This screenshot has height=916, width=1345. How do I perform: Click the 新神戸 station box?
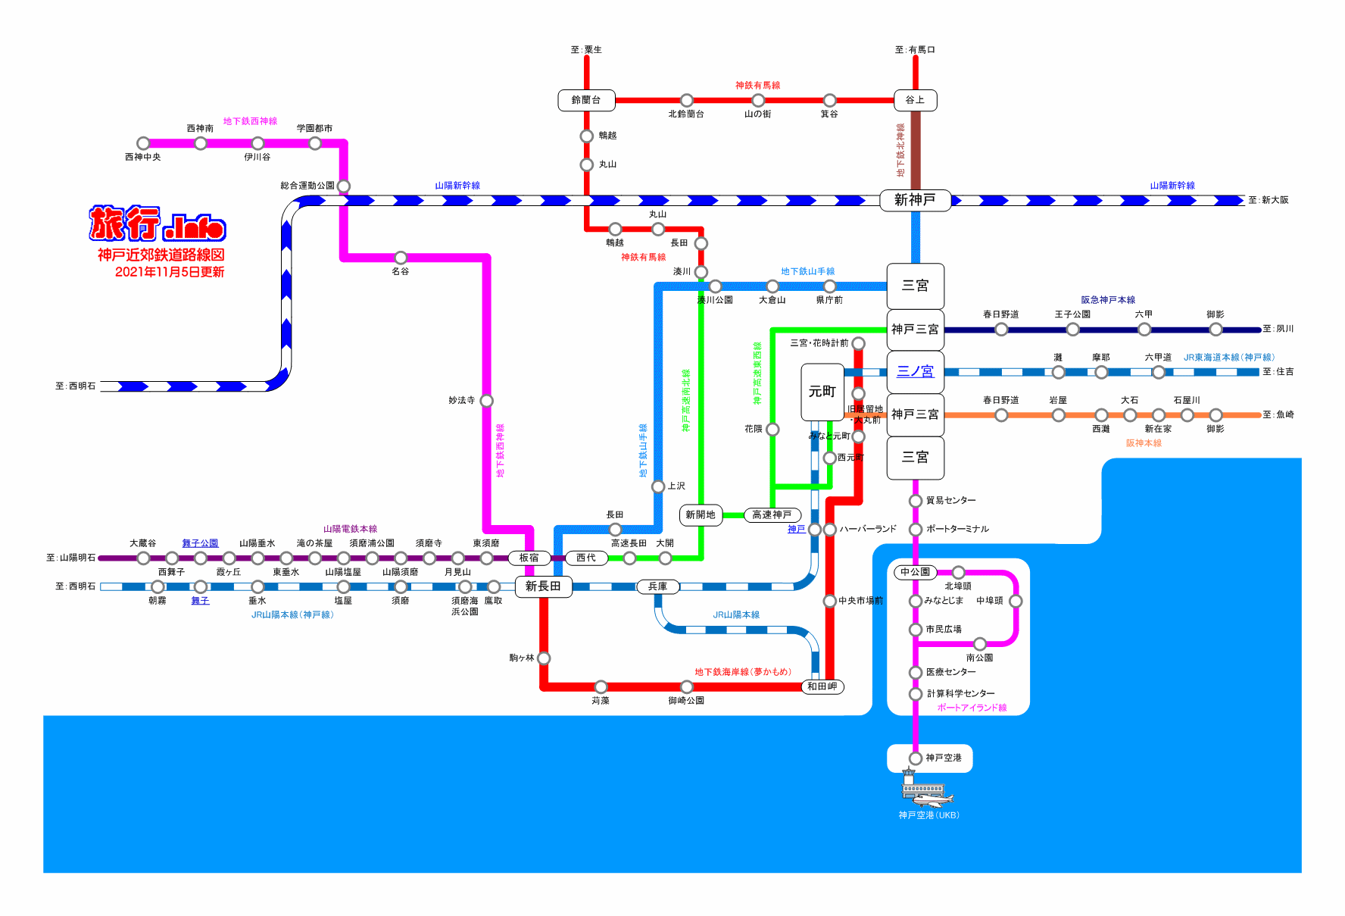click(x=915, y=200)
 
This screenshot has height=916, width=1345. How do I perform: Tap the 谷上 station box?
click(x=915, y=100)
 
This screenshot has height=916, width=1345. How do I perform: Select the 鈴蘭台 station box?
click(x=586, y=100)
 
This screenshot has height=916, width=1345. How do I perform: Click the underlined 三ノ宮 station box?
click(x=915, y=371)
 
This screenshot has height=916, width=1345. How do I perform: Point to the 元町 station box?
click(x=822, y=392)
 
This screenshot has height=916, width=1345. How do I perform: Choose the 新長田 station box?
click(x=543, y=586)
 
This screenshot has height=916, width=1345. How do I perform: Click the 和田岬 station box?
click(x=822, y=686)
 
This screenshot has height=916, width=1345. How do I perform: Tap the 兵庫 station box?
click(x=657, y=586)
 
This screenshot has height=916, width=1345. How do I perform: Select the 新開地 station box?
click(x=701, y=515)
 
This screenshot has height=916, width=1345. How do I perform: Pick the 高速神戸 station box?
click(x=772, y=515)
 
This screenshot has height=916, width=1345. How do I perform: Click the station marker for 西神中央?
click(x=143, y=143)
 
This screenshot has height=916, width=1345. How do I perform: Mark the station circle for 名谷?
click(x=401, y=258)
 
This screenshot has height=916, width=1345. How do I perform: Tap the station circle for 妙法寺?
click(x=486, y=400)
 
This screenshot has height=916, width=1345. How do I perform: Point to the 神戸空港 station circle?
click(x=915, y=758)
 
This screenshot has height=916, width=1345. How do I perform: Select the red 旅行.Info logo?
click(x=158, y=224)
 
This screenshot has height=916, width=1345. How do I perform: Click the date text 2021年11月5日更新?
click(x=170, y=272)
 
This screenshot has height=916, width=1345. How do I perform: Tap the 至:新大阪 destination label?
click(x=1269, y=200)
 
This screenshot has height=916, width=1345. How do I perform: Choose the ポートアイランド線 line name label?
click(x=972, y=708)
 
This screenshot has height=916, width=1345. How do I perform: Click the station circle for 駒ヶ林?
click(x=543, y=658)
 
